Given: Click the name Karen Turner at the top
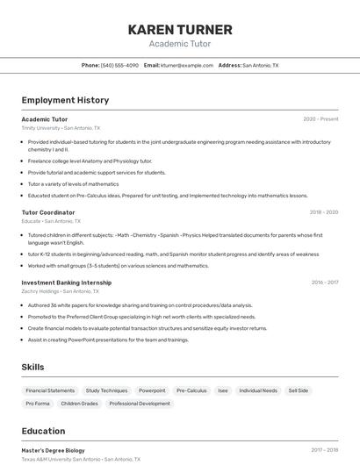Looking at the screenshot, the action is click(x=180, y=29).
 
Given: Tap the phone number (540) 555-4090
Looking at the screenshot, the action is click(x=119, y=65).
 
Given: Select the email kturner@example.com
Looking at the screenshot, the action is click(x=184, y=65).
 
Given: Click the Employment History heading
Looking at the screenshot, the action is click(x=65, y=100).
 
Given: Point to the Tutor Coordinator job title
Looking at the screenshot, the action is click(x=48, y=212).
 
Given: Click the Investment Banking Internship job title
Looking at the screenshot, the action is click(x=67, y=283).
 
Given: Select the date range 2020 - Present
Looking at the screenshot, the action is click(x=320, y=118).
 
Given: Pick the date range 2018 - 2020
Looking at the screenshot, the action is click(x=323, y=212).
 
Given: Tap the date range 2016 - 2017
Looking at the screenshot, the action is click(x=324, y=283).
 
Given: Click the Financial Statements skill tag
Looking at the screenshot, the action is click(x=50, y=390).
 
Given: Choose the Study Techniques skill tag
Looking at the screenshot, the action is click(x=106, y=390).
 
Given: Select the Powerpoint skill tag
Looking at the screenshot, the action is click(x=152, y=390).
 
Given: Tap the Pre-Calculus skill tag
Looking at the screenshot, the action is click(x=191, y=390).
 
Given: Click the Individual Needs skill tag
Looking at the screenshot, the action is click(x=258, y=390).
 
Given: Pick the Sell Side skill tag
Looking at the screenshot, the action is click(x=299, y=390).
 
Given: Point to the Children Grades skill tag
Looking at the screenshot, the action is click(x=79, y=404).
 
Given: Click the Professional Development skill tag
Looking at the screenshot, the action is click(x=140, y=404).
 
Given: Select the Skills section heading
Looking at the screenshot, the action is click(x=32, y=367).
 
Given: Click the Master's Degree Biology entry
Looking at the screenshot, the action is click(x=53, y=450).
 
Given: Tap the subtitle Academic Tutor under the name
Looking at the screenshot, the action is click(x=180, y=44).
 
